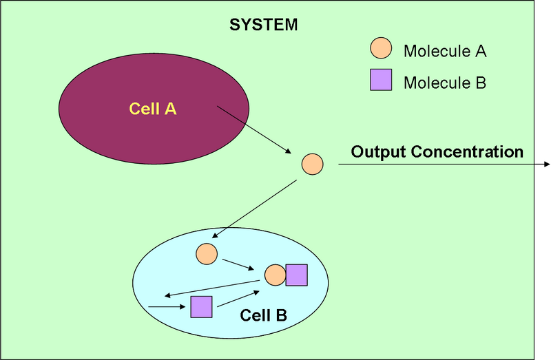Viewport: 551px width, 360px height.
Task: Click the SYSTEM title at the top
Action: [x=264, y=25]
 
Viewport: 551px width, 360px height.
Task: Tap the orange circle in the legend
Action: [x=381, y=49]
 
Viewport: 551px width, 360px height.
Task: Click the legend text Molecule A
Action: [x=445, y=51]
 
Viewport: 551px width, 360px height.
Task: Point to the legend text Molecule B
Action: [x=445, y=83]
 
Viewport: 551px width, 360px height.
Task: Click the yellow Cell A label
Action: [x=153, y=108]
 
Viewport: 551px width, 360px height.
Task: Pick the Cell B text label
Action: [x=263, y=315]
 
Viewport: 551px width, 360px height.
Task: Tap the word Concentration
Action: [x=468, y=151]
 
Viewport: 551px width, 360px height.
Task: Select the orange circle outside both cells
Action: [x=312, y=164]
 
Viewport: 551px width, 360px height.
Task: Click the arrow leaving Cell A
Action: [x=253, y=129]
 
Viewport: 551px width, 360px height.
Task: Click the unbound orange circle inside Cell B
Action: [x=207, y=253]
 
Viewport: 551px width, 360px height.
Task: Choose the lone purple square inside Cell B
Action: [x=201, y=306]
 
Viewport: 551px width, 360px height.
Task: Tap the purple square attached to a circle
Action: [x=296, y=275]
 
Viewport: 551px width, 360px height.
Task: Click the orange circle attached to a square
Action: [x=275, y=275]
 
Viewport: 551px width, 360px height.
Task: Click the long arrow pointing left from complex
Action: [x=214, y=289]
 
